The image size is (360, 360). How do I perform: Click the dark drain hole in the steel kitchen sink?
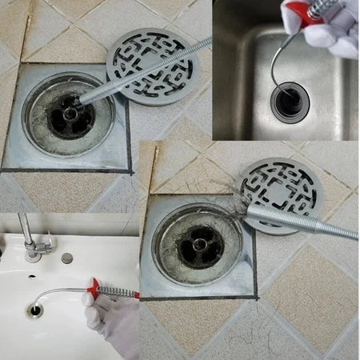pyautogui.click(x=286, y=99)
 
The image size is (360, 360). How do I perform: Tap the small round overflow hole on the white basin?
pyautogui.click(x=66, y=258)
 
